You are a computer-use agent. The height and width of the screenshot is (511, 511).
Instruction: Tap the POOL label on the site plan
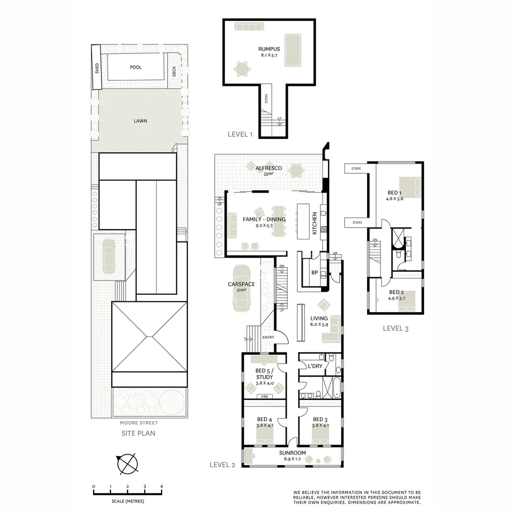pyautogui.click(x=136, y=67)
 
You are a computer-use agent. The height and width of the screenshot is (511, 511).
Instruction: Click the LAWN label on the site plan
pyautogui.click(x=140, y=121)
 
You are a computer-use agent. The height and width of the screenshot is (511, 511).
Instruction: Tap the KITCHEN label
pyautogui.click(x=314, y=223)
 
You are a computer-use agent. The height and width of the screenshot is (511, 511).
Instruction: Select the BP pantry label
pyautogui.click(x=314, y=273)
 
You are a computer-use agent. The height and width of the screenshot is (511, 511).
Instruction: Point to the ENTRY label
pyautogui.click(x=268, y=337)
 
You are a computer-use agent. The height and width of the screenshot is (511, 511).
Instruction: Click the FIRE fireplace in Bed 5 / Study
pyautogui.click(x=264, y=396)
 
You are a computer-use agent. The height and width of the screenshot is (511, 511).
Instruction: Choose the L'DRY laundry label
pyautogui.click(x=315, y=366)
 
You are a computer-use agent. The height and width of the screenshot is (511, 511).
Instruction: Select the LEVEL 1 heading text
pyautogui.click(x=240, y=134)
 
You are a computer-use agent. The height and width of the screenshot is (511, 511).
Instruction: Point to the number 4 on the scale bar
pyautogui.click(x=162, y=486)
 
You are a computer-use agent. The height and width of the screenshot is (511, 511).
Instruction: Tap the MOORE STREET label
pyautogui.click(x=139, y=423)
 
